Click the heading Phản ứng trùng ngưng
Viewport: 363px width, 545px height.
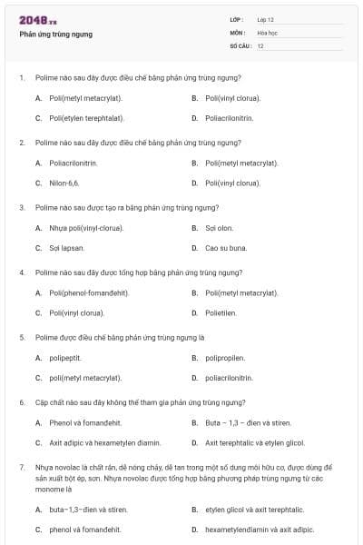point(55,35)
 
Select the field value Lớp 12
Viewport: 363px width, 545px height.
point(265,19)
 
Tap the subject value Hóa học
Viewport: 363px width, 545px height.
point(267,33)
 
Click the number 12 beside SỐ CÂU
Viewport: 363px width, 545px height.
point(260,45)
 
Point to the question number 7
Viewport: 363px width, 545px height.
point(21,466)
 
